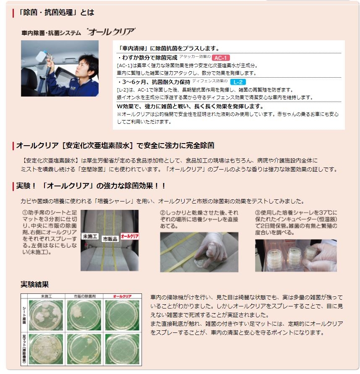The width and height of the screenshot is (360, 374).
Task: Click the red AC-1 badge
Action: pyautogui.click(x=221, y=58)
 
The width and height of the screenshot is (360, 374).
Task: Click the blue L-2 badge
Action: pyautogui.click(x=238, y=82)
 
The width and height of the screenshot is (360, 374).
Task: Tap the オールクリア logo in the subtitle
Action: pyautogui.click(x=111, y=31)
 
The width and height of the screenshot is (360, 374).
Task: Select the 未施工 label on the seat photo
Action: pyautogui.click(x=90, y=236)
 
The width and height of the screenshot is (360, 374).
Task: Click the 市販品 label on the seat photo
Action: pyautogui.click(x=110, y=239)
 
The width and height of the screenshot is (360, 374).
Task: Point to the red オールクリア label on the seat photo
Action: pyautogui.click(x=130, y=236)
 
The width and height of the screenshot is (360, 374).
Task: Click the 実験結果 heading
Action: pyautogui.click(x=35, y=284)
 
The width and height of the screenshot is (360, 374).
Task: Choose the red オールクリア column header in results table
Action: pyautogui.click(x=122, y=296)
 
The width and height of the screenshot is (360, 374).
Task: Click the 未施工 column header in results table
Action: pyautogui.click(x=47, y=296)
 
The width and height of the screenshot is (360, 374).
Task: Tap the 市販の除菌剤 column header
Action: pyautogui.click(x=84, y=296)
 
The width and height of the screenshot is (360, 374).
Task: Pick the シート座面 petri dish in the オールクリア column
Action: pyautogui.click(x=122, y=315)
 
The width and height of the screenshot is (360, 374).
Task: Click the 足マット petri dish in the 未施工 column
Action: pyautogui.click(x=46, y=349)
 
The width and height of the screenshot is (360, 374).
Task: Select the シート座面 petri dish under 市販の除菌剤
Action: pyautogui.click(x=84, y=315)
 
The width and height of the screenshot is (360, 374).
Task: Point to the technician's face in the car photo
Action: pyautogui.click(x=84, y=66)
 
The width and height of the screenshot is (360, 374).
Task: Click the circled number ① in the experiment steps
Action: pyautogui.click(x=25, y=212)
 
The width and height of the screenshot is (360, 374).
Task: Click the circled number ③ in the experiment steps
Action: pyautogui.click(x=258, y=212)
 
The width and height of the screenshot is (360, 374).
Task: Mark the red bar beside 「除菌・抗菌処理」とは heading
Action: pyautogui.click(x=13, y=13)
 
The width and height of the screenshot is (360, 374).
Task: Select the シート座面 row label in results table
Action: pyautogui.click(x=24, y=315)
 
